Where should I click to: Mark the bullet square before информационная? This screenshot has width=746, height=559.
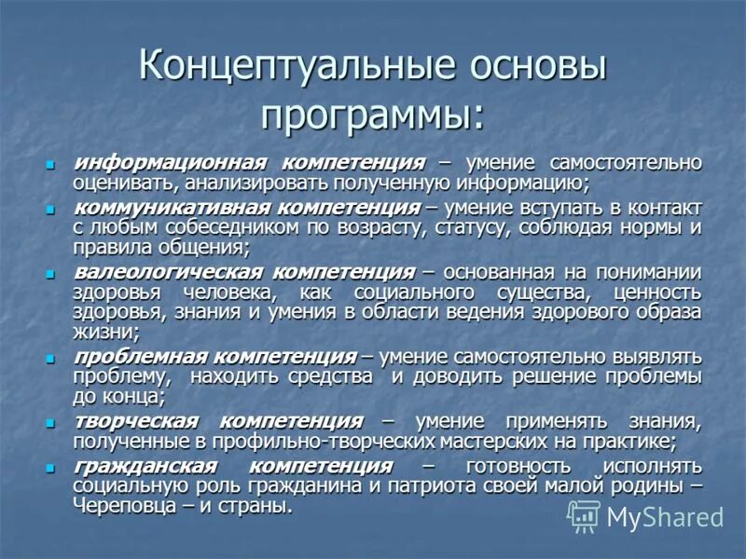pos(52,165)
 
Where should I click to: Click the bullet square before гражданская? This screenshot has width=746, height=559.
pos(52,466)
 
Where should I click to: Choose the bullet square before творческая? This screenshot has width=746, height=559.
pos(52,422)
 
